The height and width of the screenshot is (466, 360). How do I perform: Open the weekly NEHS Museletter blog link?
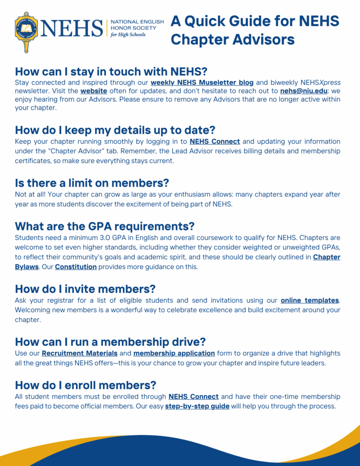(x=202, y=82)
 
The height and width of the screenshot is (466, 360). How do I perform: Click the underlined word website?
(x=94, y=91)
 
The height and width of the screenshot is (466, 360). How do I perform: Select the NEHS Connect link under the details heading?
(x=215, y=142)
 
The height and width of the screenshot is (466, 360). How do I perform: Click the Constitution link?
(x=76, y=267)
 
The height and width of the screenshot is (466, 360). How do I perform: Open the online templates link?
(x=310, y=300)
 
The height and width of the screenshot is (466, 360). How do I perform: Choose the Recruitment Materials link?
(x=80, y=353)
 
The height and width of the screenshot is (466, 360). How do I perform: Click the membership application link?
(x=174, y=353)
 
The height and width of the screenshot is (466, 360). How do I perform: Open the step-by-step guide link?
(x=197, y=406)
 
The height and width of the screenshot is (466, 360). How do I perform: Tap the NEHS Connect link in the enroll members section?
(x=193, y=397)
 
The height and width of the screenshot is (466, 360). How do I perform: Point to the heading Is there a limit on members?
(x=92, y=183)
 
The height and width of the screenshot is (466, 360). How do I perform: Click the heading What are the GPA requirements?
(x=105, y=226)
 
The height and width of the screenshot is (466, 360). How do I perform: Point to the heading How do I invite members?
(x=85, y=289)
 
